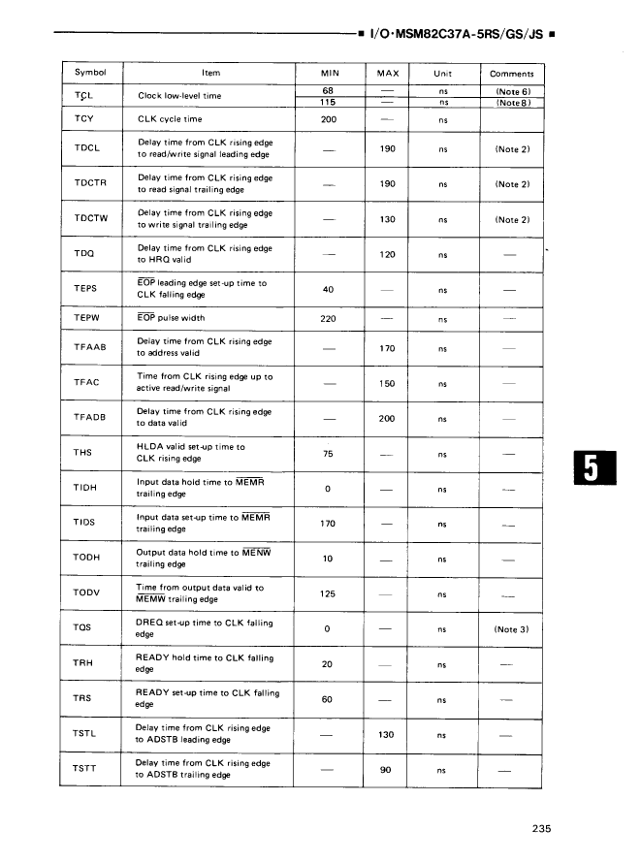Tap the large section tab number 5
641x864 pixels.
click(x=591, y=471)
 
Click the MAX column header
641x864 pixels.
click(x=386, y=73)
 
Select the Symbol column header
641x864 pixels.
click(x=89, y=73)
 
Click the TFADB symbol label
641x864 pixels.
click(x=88, y=417)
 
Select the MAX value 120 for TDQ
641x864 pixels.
click(x=386, y=255)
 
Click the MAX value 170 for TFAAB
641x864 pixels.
click(x=386, y=348)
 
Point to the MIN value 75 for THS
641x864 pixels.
click(x=328, y=453)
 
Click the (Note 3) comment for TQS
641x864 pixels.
click(x=512, y=629)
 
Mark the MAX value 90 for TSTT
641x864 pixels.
click(x=386, y=770)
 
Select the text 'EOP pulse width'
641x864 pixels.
click(x=171, y=318)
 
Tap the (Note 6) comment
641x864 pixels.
click(x=512, y=91)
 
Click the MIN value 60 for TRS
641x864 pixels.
click(x=328, y=699)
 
